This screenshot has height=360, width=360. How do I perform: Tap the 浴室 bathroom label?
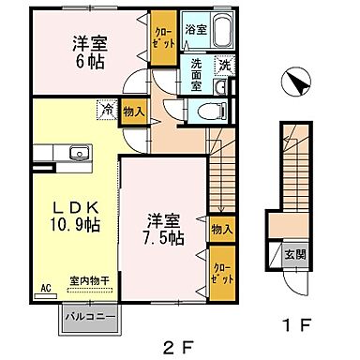195,29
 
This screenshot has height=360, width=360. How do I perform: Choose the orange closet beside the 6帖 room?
163,42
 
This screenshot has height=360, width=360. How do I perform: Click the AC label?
45,291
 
